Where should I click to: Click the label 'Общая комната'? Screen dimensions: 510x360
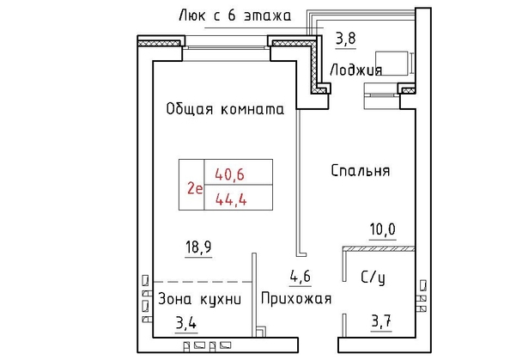pyautogui.click(x=225, y=109)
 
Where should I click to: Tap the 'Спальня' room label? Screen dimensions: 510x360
pyautogui.click(x=361, y=171)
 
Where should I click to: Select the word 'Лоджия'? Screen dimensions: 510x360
pyautogui.click(x=355, y=70)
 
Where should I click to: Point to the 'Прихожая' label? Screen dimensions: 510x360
pyautogui.click(x=296, y=298)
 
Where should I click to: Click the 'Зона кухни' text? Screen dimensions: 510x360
pyautogui.click(x=200, y=299)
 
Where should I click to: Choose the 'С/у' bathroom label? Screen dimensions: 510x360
pyautogui.click(x=373, y=278)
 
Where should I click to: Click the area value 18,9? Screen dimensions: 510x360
pyautogui.click(x=198, y=247)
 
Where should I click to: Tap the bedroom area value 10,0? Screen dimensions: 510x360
pyautogui.click(x=383, y=229)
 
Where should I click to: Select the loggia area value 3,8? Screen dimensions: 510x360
pyautogui.click(x=346, y=39)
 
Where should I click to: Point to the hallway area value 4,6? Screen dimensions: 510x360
pyautogui.click(x=301, y=277)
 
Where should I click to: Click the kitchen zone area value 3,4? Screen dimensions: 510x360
pyautogui.click(x=186, y=323)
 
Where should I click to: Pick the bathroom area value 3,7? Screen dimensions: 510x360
pyautogui.click(x=381, y=321)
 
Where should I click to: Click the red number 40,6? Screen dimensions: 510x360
pyautogui.click(x=229, y=174)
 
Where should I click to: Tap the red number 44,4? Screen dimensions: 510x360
pyautogui.click(x=231, y=198)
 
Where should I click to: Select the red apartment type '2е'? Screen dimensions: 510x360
pyautogui.click(x=195, y=188)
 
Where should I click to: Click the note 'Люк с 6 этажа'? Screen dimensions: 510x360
pyautogui.click(x=235, y=15)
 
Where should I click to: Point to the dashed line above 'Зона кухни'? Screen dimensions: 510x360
pyautogui.click(x=203, y=282)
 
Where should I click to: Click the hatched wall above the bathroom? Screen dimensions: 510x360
pyautogui.click(x=379, y=249)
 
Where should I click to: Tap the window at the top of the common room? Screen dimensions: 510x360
pyautogui.click(x=226, y=48)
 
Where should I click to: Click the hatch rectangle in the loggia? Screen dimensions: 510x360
pyautogui.click(x=392, y=63)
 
